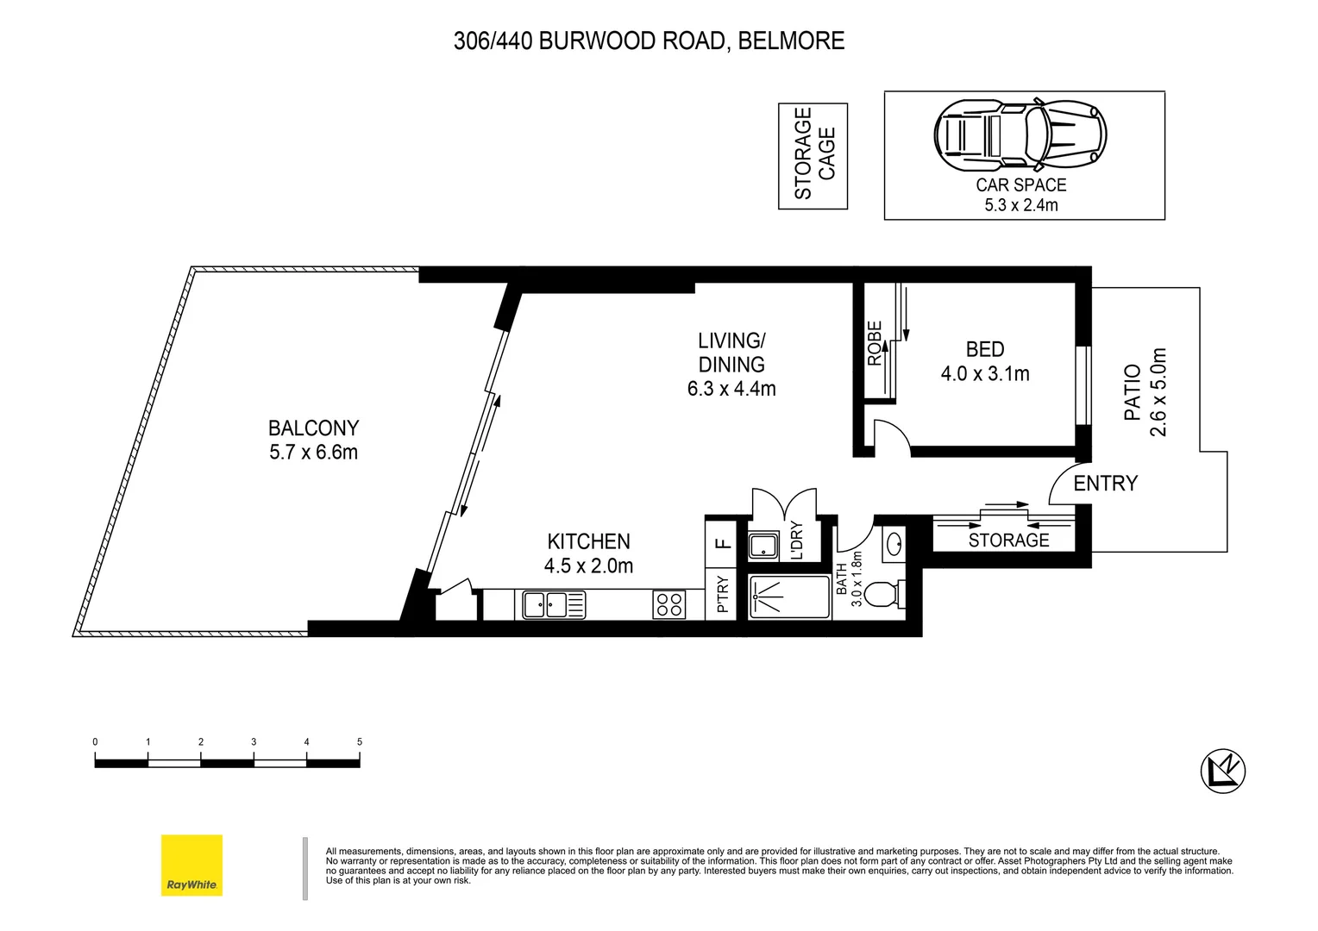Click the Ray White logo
(x=191, y=865)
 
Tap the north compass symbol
(x=1223, y=769)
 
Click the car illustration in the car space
(x=1020, y=134)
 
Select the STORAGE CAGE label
(x=813, y=155)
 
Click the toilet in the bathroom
(x=885, y=596)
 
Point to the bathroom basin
(x=894, y=543)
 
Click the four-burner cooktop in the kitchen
(x=669, y=604)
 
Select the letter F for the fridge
(x=723, y=543)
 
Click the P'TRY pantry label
(x=723, y=595)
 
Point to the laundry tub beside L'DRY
(x=763, y=546)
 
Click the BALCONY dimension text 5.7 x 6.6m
(x=313, y=453)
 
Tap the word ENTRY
(x=1105, y=484)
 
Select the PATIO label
(x=1133, y=392)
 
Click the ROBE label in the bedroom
(x=875, y=343)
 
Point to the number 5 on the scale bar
(x=360, y=741)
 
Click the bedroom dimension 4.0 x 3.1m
(x=985, y=374)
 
